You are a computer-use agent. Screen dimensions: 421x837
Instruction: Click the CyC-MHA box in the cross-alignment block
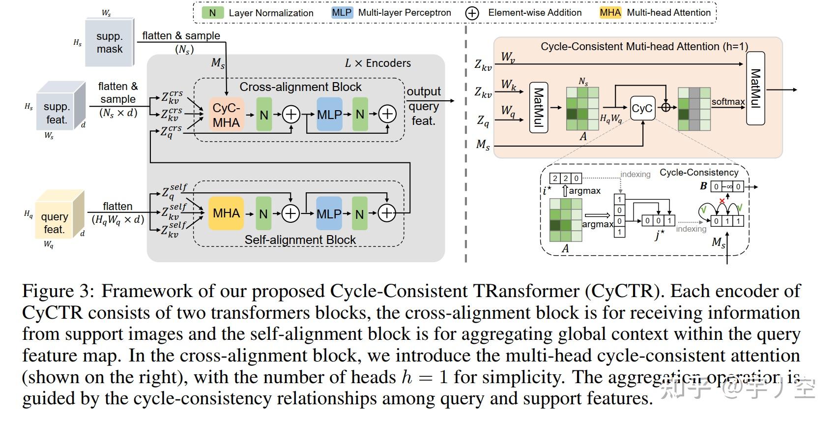(x=226, y=115)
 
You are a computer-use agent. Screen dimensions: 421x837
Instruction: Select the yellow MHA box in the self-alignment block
(x=226, y=213)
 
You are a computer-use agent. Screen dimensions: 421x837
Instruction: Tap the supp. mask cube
(x=109, y=43)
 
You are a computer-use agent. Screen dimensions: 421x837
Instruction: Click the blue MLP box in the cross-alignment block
(x=329, y=115)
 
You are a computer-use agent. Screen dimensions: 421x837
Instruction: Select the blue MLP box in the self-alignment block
(x=329, y=214)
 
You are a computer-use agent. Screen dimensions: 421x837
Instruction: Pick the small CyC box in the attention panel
(x=642, y=108)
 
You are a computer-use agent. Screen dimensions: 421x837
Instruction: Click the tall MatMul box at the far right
(x=755, y=88)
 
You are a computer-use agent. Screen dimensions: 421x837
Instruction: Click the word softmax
(x=728, y=102)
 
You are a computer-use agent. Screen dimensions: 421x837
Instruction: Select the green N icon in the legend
(x=212, y=13)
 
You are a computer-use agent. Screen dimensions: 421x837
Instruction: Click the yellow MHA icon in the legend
(x=610, y=13)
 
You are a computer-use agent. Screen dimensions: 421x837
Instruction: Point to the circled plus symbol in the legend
(x=472, y=13)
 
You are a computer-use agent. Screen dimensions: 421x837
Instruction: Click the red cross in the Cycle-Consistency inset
(x=722, y=201)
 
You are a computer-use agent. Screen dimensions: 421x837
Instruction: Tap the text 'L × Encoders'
(x=377, y=63)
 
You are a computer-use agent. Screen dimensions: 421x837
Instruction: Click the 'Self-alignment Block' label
(x=300, y=240)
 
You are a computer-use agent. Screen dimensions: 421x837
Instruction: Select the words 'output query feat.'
(x=424, y=106)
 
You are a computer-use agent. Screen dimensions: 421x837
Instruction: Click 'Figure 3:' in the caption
(x=58, y=291)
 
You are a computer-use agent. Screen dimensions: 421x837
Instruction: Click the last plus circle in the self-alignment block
(x=387, y=213)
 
